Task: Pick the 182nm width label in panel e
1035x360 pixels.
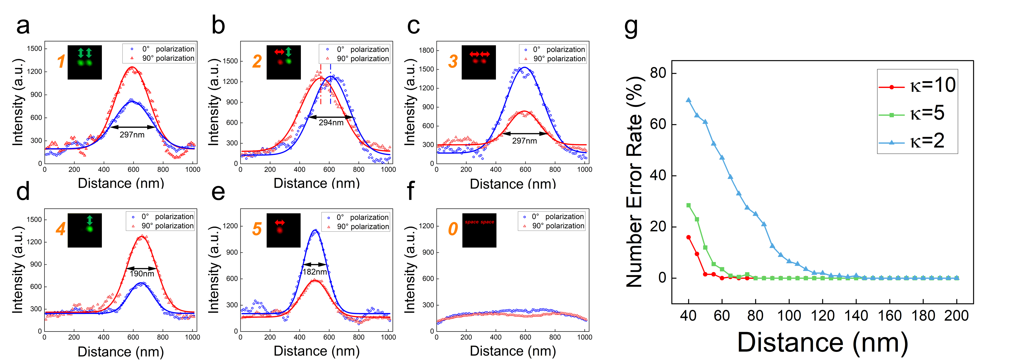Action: click(315, 272)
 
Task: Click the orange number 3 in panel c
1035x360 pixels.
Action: click(453, 61)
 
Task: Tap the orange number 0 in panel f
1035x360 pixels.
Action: click(453, 229)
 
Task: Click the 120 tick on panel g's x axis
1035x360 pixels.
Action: click(823, 316)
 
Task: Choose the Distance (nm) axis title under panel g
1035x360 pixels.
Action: click(822, 342)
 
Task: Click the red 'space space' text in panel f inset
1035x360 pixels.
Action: click(479, 222)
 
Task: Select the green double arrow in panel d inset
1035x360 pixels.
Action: click(89, 220)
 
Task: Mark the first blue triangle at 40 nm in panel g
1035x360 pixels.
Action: click(688, 100)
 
